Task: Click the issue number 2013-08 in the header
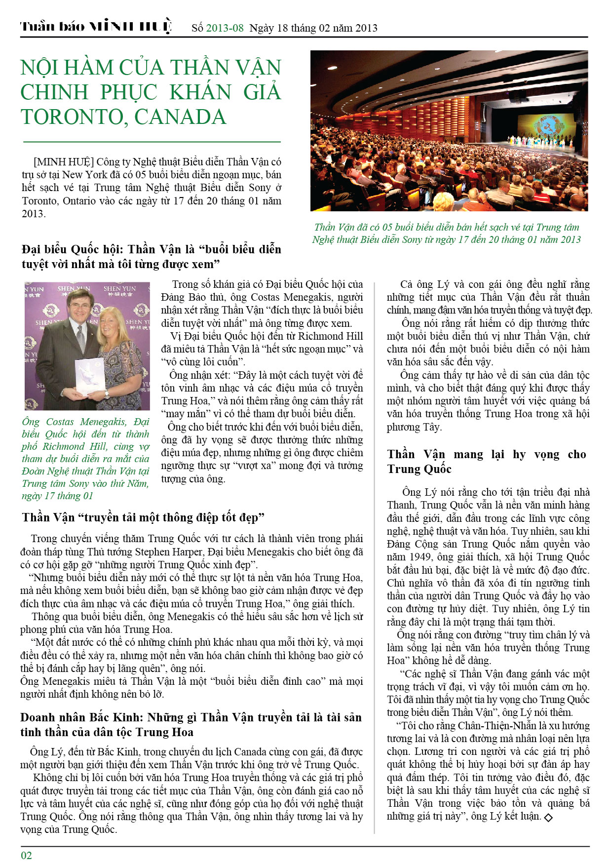click(225, 28)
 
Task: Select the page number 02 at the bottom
click(26, 855)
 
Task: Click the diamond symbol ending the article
click(548, 818)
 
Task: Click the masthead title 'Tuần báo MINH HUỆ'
click(96, 27)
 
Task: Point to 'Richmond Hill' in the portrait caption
click(75, 446)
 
